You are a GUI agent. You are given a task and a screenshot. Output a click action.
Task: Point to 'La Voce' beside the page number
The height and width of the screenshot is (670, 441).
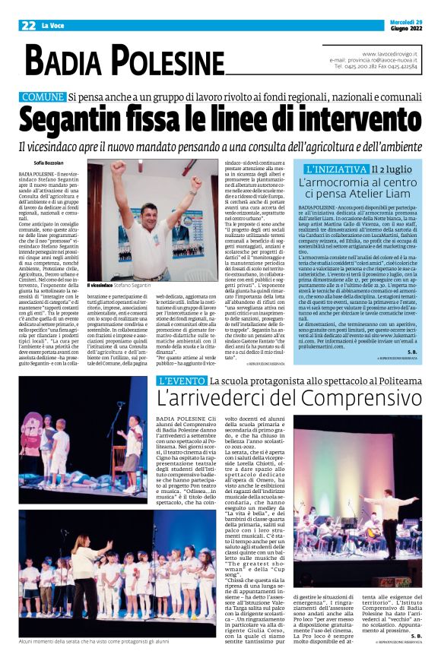[55, 26]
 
